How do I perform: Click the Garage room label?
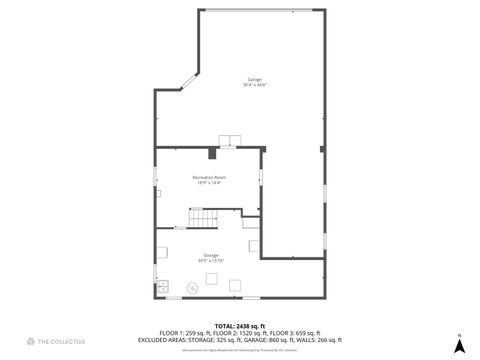(255, 79)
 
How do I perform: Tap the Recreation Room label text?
(207, 177)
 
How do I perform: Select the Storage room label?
(210, 255)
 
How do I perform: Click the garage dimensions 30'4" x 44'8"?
(255, 85)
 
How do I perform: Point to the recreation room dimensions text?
(207, 183)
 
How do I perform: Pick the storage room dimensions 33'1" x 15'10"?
(210, 261)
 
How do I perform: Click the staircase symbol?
(204, 218)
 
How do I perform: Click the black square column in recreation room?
(212, 154)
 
